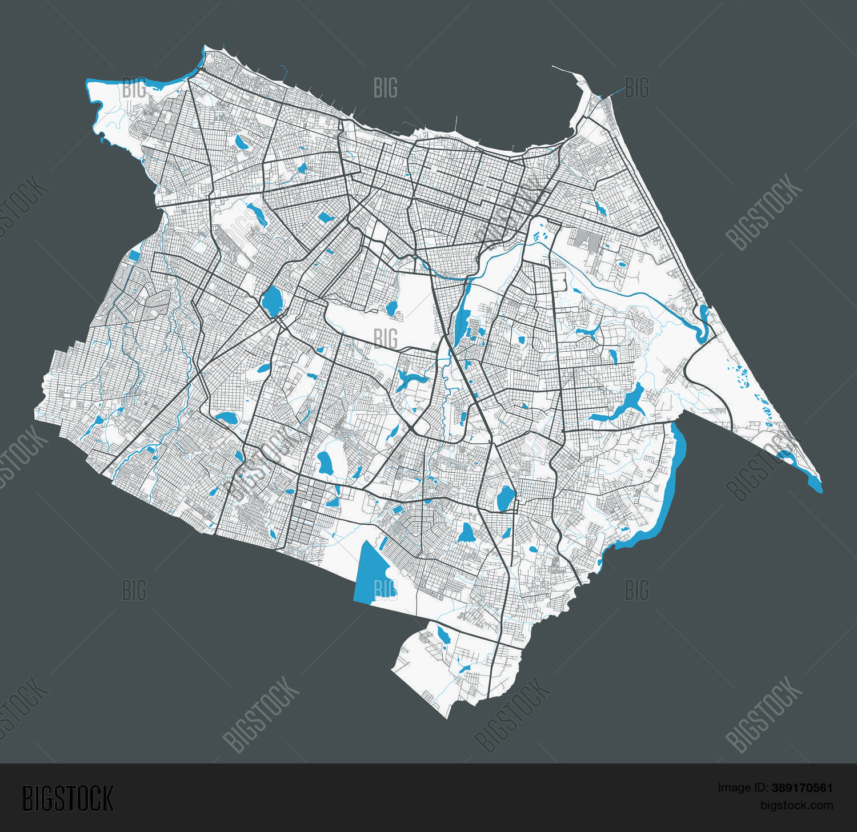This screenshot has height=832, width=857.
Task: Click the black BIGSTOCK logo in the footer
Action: click(x=68, y=798)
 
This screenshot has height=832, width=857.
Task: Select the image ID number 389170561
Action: click(x=802, y=788)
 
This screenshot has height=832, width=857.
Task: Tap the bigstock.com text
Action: click(x=796, y=805)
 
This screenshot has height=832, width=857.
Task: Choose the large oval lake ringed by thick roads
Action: click(x=272, y=300)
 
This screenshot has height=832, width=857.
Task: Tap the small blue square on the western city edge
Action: click(x=135, y=255)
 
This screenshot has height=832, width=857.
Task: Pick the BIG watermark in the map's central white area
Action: click(x=386, y=338)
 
